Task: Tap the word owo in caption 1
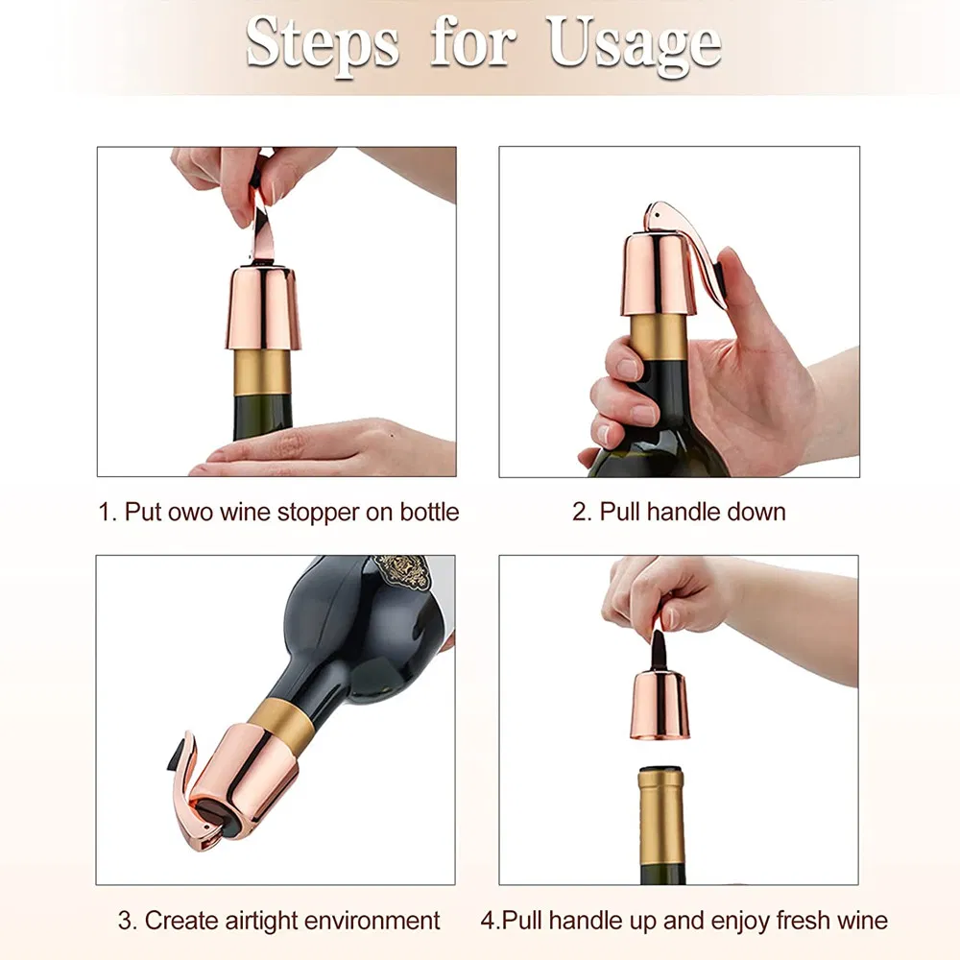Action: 187,512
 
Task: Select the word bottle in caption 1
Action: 423,512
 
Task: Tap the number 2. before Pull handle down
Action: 583,512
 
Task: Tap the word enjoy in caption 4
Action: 724,921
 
